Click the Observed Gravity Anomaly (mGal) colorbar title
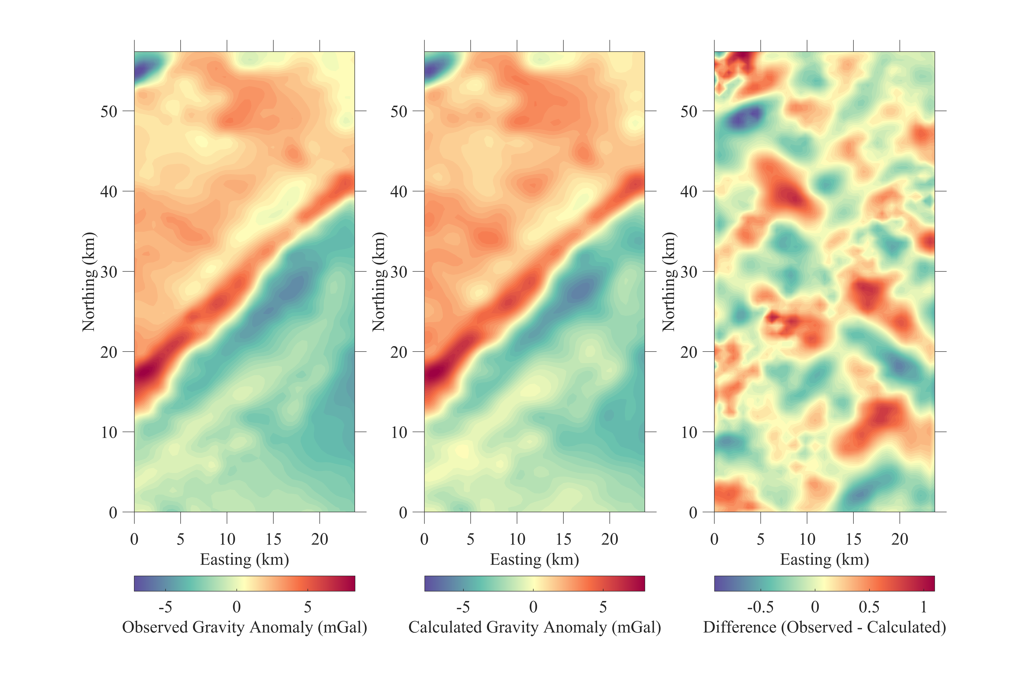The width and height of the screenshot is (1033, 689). [244, 627]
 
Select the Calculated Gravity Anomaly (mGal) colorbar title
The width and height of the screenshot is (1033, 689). [535, 627]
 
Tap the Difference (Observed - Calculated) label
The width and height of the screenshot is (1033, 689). [824, 627]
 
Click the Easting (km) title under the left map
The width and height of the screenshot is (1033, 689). [244, 559]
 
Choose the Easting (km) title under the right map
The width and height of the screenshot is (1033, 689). [824, 559]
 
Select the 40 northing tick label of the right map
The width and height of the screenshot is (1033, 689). [689, 192]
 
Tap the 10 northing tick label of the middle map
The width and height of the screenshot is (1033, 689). [399, 432]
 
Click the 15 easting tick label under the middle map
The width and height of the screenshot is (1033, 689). [563, 539]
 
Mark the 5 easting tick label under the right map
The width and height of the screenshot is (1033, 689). [761, 539]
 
